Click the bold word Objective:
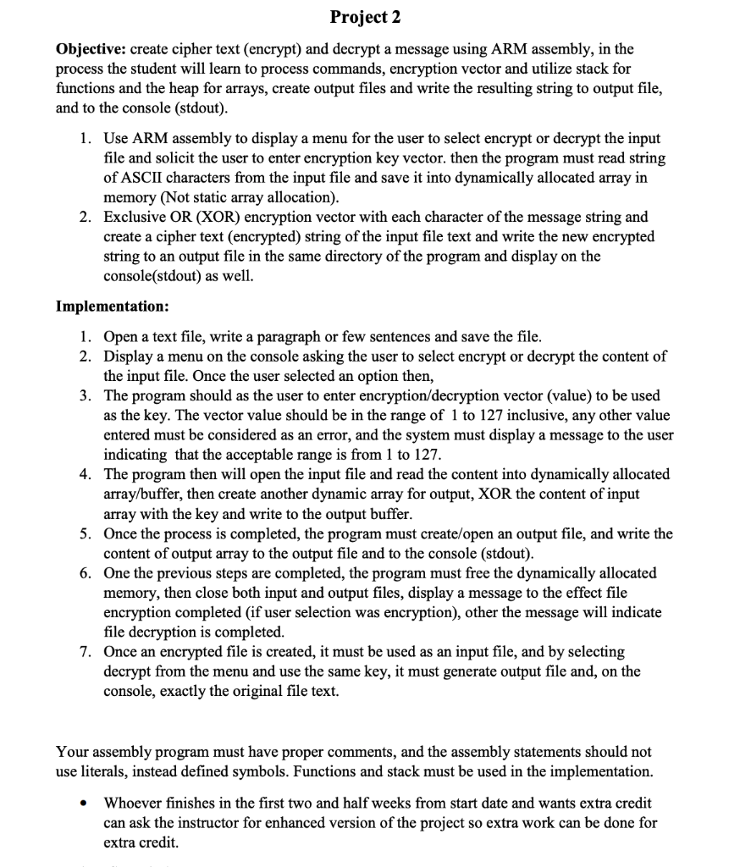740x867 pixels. pos(91,48)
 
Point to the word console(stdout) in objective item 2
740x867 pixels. pos(155,276)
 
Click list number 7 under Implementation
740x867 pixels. pos(86,652)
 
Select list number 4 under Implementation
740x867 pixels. pos(86,474)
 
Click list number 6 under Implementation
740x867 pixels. pos(86,573)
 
